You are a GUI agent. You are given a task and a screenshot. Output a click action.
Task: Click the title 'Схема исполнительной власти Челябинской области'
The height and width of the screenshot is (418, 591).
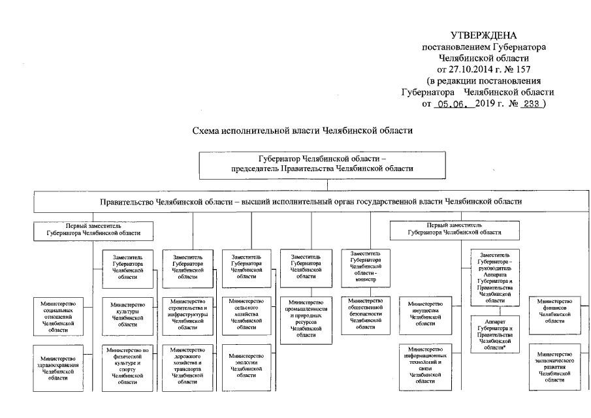(302, 131)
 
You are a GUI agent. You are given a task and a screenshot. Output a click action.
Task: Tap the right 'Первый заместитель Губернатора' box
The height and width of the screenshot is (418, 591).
(455, 229)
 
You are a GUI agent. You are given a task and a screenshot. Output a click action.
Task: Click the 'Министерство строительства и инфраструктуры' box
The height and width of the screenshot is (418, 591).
(187, 314)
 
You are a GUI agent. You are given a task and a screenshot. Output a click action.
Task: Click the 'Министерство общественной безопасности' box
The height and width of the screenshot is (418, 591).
(366, 314)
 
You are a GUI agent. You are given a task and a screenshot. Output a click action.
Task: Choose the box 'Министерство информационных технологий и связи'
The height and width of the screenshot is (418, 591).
(426, 366)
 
